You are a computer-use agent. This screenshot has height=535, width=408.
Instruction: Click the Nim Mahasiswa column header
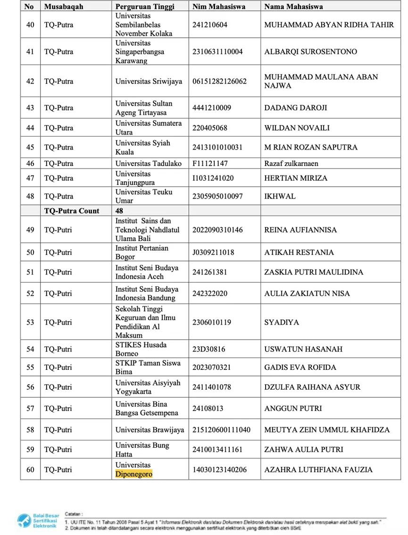pyautogui.click(x=217, y=7)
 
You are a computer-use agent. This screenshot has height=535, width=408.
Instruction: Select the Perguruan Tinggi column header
pyautogui.click(x=145, y=7)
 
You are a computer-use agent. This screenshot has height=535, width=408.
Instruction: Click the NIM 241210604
pyautogui.click(x=210, y=25)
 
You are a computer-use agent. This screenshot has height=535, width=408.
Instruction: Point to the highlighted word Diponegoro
pyautogui.click(x=134, y=474)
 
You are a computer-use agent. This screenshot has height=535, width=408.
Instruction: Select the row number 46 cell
pyautogui.click(x=30, y=164)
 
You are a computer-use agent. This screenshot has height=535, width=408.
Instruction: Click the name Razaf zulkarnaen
pyautogui.click(x=291, y=164)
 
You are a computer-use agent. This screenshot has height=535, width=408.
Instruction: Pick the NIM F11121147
pyautogui.click(x=210, y=164)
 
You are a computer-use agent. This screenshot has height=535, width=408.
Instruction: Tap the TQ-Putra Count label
pyautogui.click(x=72, y=210)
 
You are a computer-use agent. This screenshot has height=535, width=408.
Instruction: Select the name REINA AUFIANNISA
pyautogui.click(x=300, y=230)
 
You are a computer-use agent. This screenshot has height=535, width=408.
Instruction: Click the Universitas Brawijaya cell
pyautogui.click(x=150, y=429)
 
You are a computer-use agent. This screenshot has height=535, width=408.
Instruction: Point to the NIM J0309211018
pyautogui.click(x=213, y=252)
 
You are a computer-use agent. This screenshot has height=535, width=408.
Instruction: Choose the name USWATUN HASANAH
pyautogui.click(x=303, y=349)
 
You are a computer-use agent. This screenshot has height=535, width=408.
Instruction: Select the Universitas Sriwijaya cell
pyautogui.click(x=149, y=81)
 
